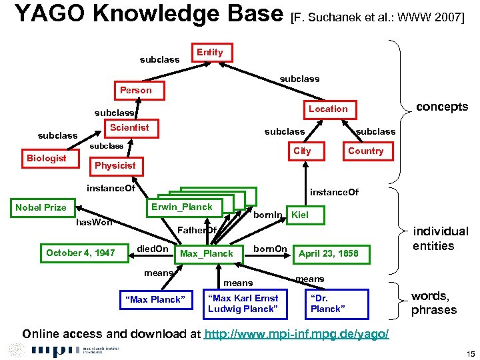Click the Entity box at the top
[210, 53]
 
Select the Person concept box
[135, 90]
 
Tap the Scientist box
[129, 127]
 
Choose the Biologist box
[46, 158]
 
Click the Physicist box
[115, 165]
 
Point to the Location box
[327, 109]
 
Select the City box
[302, 151]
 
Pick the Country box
[365, 151]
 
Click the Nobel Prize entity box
[41, 207]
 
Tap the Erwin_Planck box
[181, 207]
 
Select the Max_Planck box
[207, 253]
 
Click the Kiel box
[300, 215]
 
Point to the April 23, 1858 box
[328, 253]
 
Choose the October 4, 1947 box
[80, 253]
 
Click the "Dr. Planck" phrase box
[328, 303]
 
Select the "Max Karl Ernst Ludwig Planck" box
[243, 303]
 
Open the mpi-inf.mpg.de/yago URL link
[297, 333]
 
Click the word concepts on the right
[441, 107]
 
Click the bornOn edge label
[270, 249]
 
